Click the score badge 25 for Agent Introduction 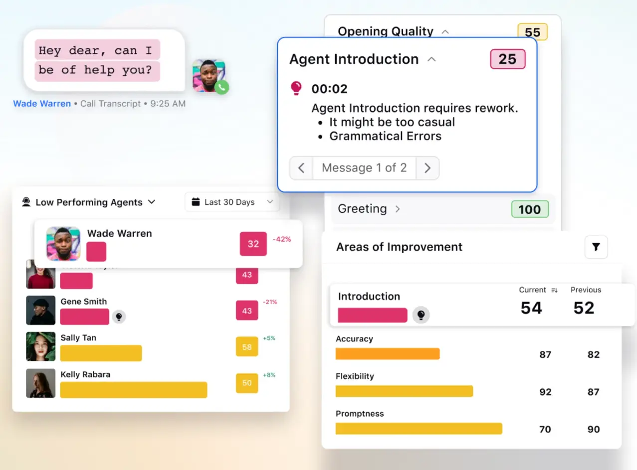(507, 59)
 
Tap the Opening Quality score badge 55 (532, 32)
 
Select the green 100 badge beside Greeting (529, 209)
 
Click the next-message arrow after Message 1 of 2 (427, 168)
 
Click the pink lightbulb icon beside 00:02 (296, 89)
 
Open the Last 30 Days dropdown (232, 202)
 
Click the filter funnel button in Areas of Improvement (596, 247)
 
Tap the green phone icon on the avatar (222, 87)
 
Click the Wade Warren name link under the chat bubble (42, 104)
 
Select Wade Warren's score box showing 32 (253, 244)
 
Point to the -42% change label (282, 239)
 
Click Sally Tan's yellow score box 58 (247, 346)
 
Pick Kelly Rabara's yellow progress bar (134, 390)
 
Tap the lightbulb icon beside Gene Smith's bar (119, 316)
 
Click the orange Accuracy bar (388, 354)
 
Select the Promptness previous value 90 (593, 429)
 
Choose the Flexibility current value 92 (545, 392)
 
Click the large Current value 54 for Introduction (531, 308)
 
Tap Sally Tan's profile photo (41, 346)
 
